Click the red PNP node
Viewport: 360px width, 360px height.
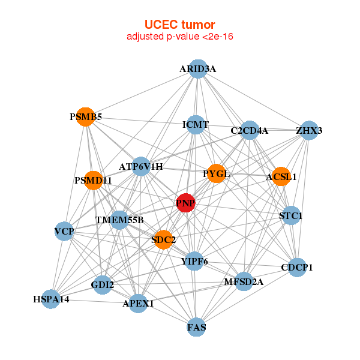click(186, 203)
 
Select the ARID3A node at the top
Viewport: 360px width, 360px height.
click(197, 69)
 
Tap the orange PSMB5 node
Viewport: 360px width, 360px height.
click(86, 117)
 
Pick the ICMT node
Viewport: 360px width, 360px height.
click(196, 125)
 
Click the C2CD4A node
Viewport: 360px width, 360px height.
click(250, 130)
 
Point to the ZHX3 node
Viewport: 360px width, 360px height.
click(309, 130)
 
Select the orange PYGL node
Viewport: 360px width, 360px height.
click(216, 174)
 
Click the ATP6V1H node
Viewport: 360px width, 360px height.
click(141, 166)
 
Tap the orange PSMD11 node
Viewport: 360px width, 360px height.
click(93, 180)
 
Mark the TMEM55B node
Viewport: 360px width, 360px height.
click(119, 220)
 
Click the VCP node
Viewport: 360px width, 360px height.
click(64, 231)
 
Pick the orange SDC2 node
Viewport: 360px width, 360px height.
click(163, 240)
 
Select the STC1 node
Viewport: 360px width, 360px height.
click(291, 215)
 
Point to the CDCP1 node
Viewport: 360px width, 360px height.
click(297, 267)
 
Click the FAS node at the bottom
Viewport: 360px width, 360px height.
click(196, 327)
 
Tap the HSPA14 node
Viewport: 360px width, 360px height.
click(51, 299)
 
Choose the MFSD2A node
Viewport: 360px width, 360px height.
click(244, 281)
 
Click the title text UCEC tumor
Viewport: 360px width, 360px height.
click(179, 25)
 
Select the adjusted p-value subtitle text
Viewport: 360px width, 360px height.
click(179, 37)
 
